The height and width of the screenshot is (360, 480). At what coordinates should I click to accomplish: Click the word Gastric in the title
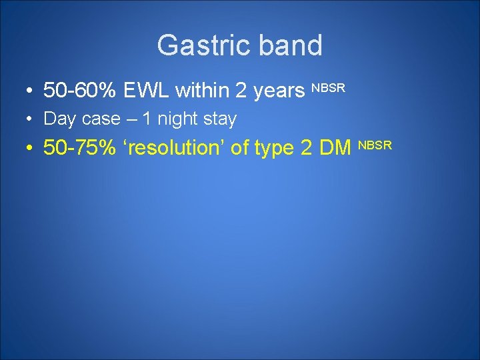click(x=197, y=46)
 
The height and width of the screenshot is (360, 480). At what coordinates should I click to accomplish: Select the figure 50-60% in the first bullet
click(x=80, y=91)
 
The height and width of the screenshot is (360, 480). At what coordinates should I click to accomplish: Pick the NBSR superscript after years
click(x=328, y=87)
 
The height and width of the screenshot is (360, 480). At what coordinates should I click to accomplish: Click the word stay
click(x=220, y=119)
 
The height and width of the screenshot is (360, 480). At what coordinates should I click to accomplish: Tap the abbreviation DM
click(x=336, y=147)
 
